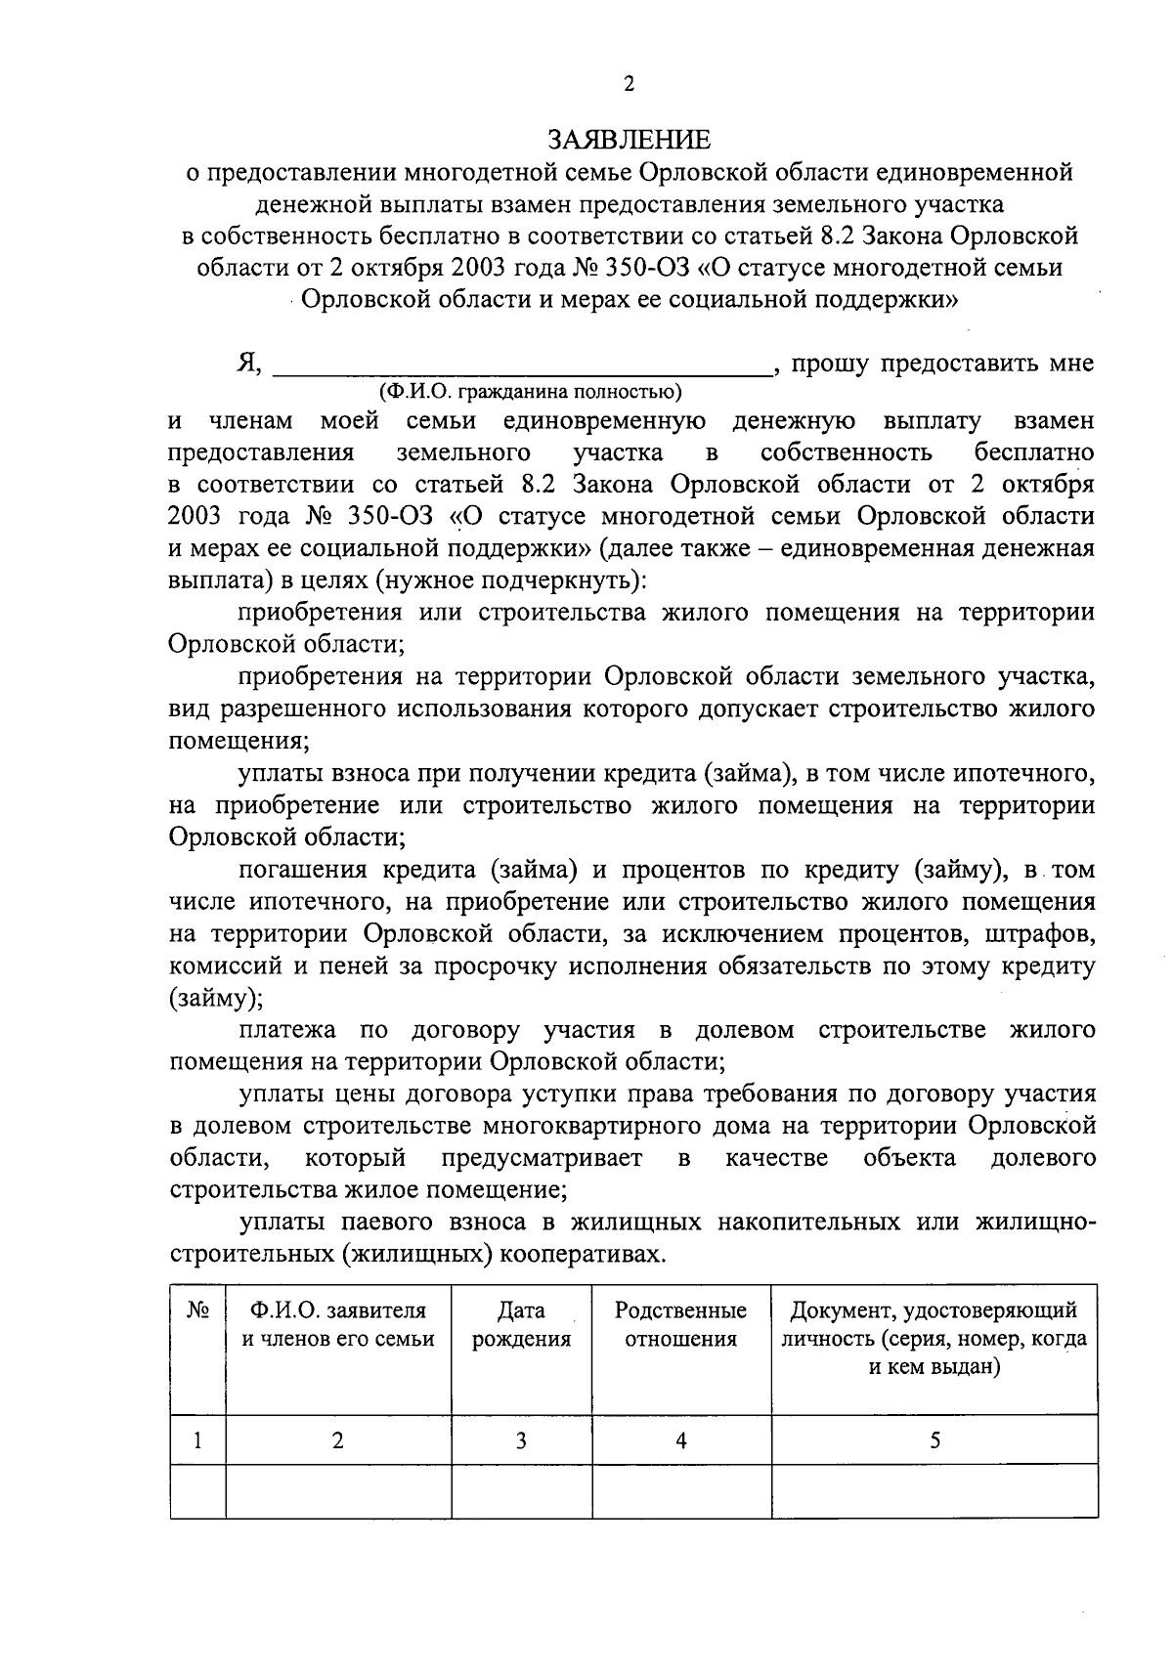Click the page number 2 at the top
(630, 85)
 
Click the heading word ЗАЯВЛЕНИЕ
(630, 140)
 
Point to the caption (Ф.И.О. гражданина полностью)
(531, 393)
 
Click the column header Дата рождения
(521, 1324)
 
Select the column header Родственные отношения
(680, 1324)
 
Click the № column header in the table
(197, 1311)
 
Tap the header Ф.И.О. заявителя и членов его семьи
(338, 1324)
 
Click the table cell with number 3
(521, 1440)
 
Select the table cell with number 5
(934, 1440)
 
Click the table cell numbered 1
(197, 1440)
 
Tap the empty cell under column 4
(680, 1491)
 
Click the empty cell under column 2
(338, 1491)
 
